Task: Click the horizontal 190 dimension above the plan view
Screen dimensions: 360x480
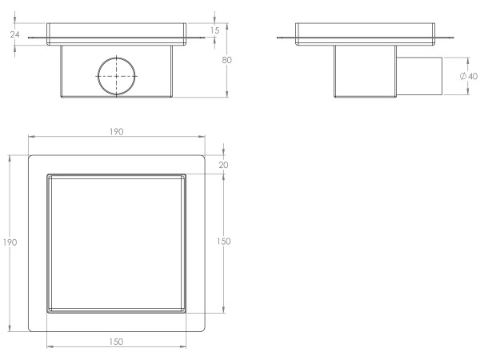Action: tap(116, 132)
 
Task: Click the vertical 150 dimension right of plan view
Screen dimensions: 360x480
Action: tap(226, 242)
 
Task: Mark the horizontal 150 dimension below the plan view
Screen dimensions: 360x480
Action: tap(116, 342)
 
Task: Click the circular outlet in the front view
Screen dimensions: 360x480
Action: tap(118, 74)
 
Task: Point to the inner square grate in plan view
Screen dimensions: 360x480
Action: tap(116, 242)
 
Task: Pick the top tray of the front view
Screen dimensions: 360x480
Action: tap(118, 31)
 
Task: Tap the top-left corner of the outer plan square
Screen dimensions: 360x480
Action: tap(30, 155)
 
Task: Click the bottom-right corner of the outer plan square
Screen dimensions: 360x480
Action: tap(204, 330)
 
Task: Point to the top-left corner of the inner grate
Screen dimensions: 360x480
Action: tap(48, 174)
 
